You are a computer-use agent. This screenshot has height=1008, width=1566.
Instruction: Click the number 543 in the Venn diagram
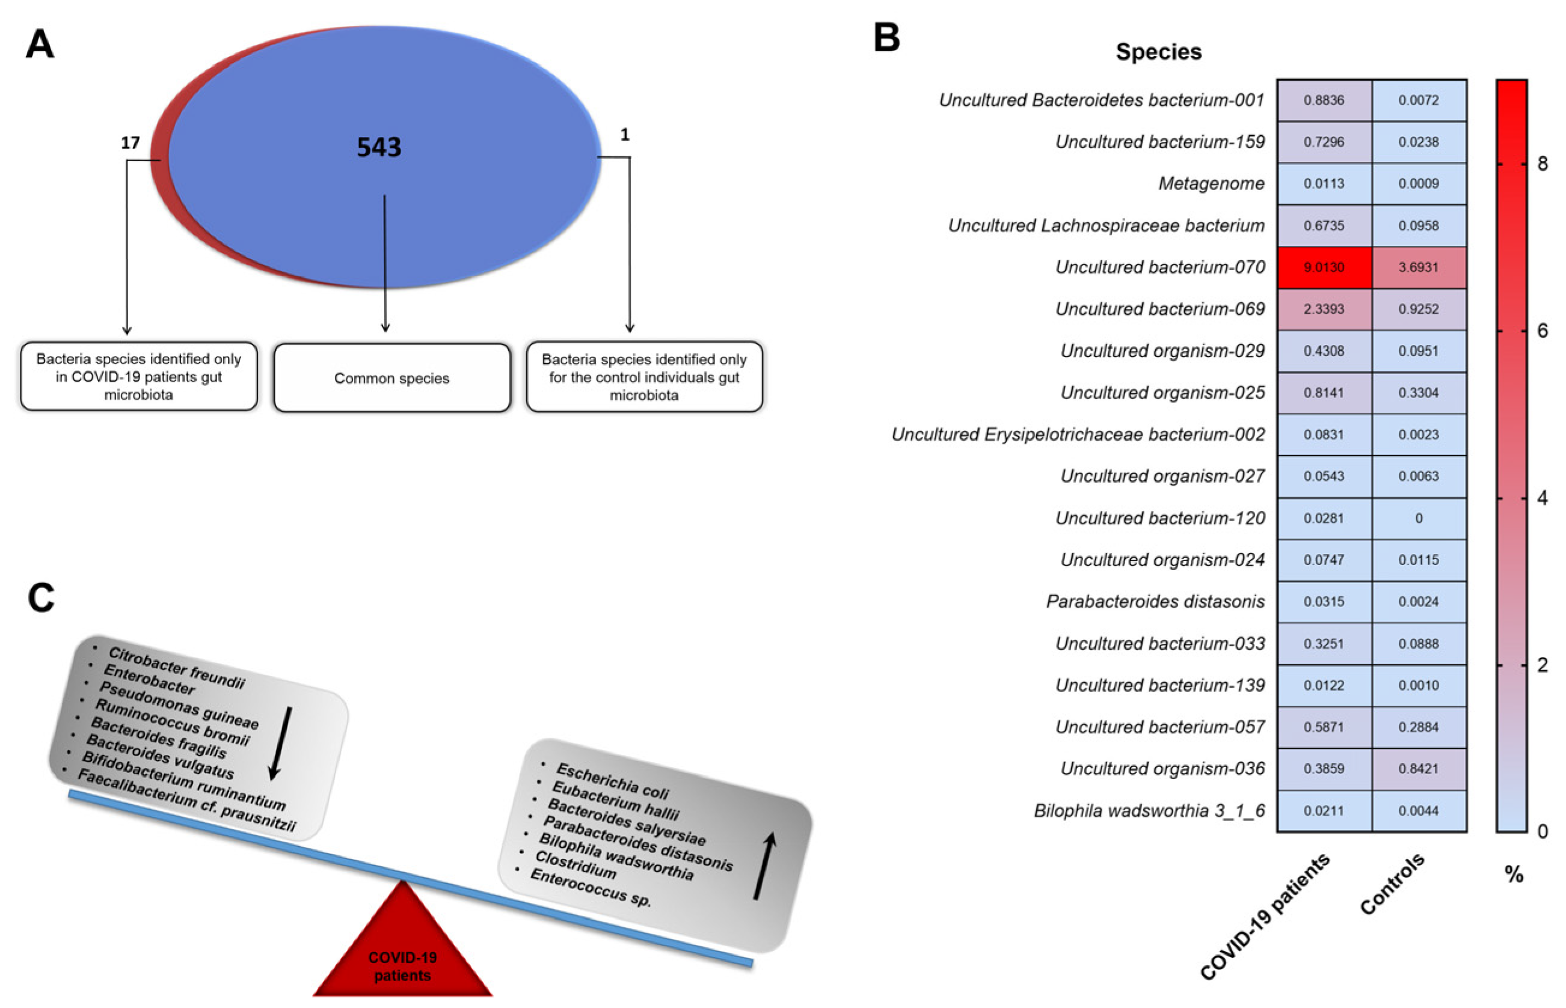click(378, 147)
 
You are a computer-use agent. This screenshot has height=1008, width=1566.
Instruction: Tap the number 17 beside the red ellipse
click(130, 142)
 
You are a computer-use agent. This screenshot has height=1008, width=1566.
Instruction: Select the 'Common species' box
click(391, 377)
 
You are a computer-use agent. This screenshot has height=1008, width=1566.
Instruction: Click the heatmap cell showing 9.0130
click(1323, 267)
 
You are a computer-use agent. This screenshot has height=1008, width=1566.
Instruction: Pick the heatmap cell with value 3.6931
click(1418, 267)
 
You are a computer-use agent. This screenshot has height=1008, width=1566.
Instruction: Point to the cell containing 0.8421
click(1418, 768)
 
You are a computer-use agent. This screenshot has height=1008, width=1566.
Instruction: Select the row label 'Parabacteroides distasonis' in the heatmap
click(1155, 602)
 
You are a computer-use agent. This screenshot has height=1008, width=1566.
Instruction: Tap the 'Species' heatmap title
click(1158, 52)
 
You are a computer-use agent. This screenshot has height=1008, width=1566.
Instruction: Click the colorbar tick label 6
click(1543, 331)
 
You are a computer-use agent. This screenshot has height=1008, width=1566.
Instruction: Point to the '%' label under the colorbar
click(1514, 874)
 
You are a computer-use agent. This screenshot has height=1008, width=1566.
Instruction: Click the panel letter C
click(40, 597)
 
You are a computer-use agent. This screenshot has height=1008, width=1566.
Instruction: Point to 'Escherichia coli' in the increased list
click(612, 781)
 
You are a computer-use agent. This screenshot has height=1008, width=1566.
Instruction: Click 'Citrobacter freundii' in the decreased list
click(176, 667)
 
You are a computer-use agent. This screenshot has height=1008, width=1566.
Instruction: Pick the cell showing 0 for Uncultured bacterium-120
click(1418, 518)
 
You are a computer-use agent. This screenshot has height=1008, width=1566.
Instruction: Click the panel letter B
click(886, 37)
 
